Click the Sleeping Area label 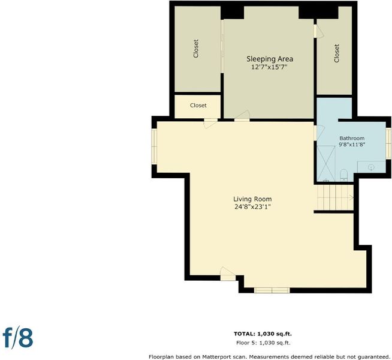[x=270, y=59]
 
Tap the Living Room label [x=252, y=199]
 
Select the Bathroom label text [x=352, y=138]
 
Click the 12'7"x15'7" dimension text [x=270, y=67]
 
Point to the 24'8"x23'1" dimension [x=252, y=207]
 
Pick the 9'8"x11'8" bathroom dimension [x=352, y=145]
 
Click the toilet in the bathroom [x=344, y=175]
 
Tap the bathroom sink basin [x=372, y=167]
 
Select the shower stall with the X [x=326, y=163]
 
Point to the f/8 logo [x=18, y=338]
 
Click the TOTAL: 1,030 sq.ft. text [x=263, y=334]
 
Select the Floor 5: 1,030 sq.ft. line [x=263, y=343]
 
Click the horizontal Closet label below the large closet [x=198, y=106]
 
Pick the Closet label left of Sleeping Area [x=196, y=49]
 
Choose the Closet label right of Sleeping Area [x=337, y=53]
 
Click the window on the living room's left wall [x=154, y=147]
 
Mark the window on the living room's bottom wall [x=272, y=290]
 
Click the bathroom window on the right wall [x=388, y=143]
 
